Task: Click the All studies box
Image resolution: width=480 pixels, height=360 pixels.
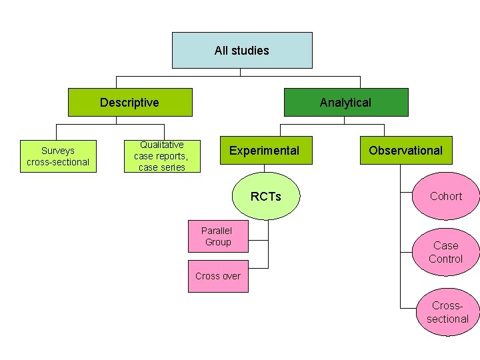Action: (x=242, y=51)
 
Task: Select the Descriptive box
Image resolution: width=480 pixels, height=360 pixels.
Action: (x=130, y=103)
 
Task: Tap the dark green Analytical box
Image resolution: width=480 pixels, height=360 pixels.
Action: (x=346, y=103)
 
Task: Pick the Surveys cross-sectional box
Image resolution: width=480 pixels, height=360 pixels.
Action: (x=58, y=157)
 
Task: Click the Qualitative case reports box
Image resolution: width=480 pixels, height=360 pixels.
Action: (x=162, y=156)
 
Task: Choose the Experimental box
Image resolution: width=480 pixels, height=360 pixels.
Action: (x=264, y=151)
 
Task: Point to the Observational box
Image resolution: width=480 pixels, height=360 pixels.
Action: (x=405, y=151)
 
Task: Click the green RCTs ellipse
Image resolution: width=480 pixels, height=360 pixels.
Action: (x=265, y=197)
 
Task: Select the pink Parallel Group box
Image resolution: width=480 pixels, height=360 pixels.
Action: (x=218, y=236)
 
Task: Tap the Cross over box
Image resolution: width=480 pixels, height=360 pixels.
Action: (x=218, y=276)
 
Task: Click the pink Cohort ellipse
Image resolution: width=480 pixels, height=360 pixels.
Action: (x=445, y=197)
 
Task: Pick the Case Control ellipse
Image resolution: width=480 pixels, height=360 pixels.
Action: (x=445, y=252)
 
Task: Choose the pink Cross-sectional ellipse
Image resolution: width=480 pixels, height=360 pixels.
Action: (x=447, y=312)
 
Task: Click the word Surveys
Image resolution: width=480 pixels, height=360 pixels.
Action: (x=58, y=151)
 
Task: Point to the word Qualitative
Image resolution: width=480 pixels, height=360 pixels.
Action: (x=162, y=145)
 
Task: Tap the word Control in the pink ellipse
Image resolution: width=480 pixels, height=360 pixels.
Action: (x=445, y=259)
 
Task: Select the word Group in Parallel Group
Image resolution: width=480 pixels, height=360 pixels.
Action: (x=218, y=242)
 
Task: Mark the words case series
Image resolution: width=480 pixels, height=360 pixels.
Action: (x=162, y=167)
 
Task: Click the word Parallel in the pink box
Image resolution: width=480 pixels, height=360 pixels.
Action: (x=217, y=230)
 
